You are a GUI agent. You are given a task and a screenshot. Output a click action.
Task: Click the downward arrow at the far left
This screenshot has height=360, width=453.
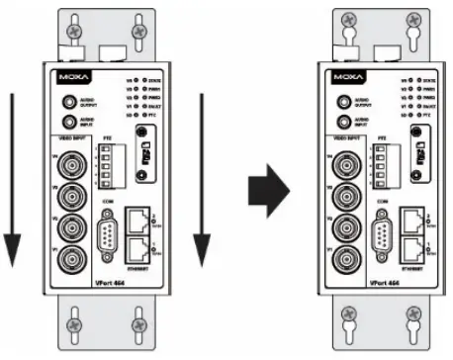point(12,178)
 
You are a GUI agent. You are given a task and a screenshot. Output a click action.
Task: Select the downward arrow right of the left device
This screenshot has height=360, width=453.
point(203,178)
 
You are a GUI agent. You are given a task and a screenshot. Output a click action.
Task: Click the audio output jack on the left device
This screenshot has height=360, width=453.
point(68,102)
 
